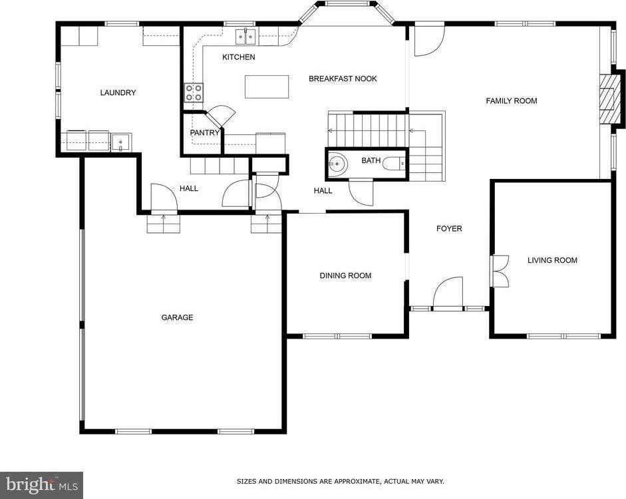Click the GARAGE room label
point(177,317)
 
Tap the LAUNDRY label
point(118,92)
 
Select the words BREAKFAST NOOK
point(343,79)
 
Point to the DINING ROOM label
point(345,275)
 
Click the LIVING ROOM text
point(552,260)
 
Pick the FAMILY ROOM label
point(512,101)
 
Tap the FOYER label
point(449,229)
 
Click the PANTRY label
point(205,132)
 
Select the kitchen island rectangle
point(267,86)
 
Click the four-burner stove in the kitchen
point(194,92)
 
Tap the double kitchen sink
point(245,37)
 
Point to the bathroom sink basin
point(336,163)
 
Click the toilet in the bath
point(394,163)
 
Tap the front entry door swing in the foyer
point(448,293)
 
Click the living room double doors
point(500,271)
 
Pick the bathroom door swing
point(361,193)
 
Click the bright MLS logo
point(41,485)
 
